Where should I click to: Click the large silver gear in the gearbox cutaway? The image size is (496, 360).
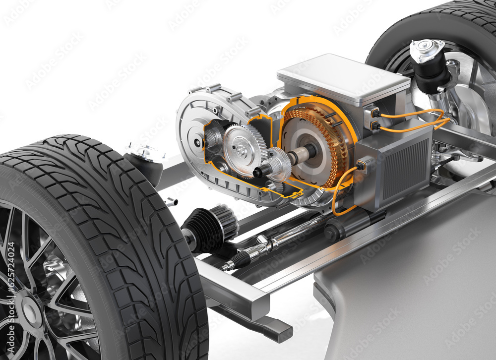click(x=241, y=150)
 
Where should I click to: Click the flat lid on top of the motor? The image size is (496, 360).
click(x=342, y=79)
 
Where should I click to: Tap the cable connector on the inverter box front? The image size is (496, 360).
click(x=361, y=165)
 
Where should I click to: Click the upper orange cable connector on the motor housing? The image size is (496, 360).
click(x=373, y=113)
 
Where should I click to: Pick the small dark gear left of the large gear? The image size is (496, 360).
click(x=215, y=136)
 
